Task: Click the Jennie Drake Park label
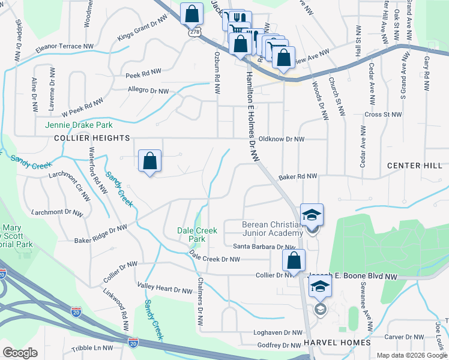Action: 79,125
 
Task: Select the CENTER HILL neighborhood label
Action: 414,166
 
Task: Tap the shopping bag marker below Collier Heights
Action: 150,161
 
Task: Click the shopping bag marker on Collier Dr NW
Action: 294,261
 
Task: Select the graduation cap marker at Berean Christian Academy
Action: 312,215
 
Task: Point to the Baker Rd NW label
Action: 297,177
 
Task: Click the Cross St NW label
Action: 382,114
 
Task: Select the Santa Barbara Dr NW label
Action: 264,247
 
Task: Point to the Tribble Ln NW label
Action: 91,348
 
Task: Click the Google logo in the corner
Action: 20,353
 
